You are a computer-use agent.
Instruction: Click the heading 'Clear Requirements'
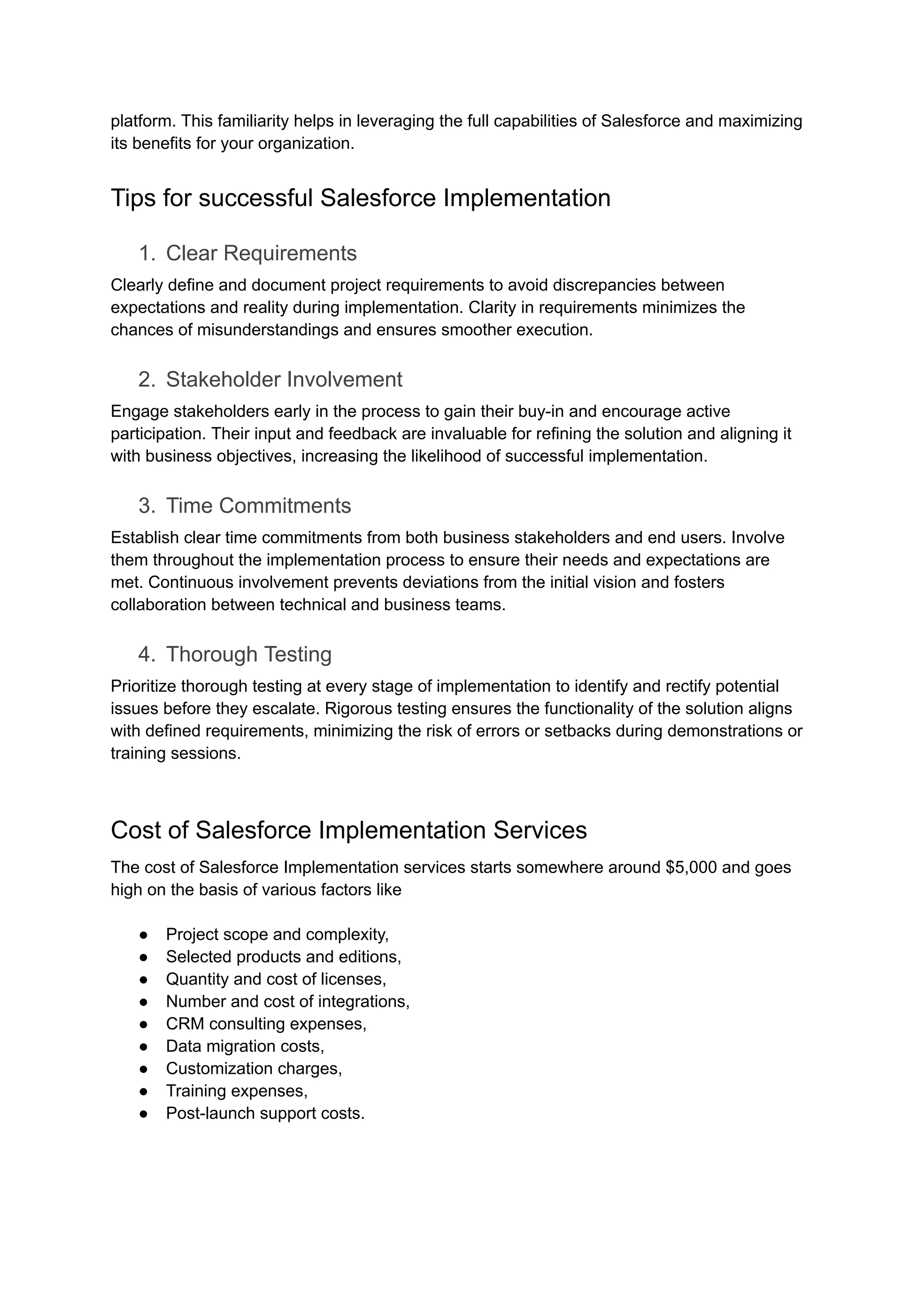coord(261,253)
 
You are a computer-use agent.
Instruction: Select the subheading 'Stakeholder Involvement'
coord(284,380)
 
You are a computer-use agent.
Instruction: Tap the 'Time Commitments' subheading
coord(259,506)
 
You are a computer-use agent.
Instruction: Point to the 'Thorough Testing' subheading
coord(249,654)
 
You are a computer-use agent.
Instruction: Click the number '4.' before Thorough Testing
coord(146,654)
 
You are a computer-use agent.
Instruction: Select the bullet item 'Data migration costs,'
coord(245,1046)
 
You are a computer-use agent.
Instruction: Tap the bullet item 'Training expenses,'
coord(236,1090)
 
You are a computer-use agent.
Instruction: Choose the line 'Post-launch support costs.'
coord(265,1113)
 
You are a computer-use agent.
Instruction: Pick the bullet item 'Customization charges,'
coord(254,1069)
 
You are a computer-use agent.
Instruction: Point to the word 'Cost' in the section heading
coord(136,830)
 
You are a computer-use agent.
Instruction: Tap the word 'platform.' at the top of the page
coord(143,121)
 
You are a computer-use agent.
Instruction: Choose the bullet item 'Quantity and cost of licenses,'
coord(276,979)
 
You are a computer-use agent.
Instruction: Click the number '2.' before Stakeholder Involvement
coord(146,380)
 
